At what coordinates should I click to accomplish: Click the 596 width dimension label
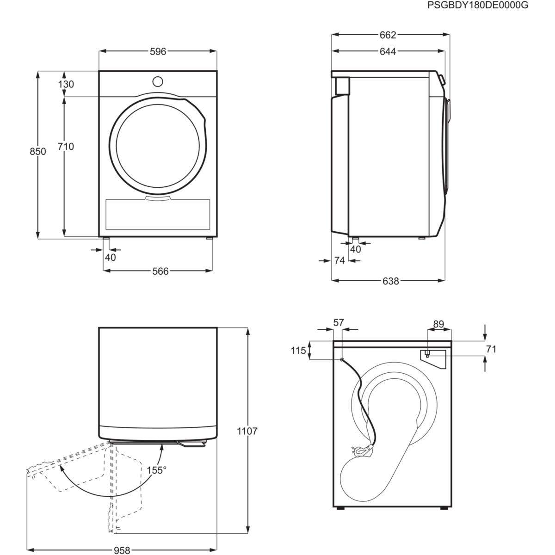point(158,52)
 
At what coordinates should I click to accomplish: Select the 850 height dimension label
point(38,151)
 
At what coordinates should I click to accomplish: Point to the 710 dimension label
point(65,147)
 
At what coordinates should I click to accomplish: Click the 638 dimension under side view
point(391,281)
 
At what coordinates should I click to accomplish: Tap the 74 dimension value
point(339,261)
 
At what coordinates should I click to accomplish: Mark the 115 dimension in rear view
point(298,351)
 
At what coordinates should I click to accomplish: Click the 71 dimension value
point(491,349)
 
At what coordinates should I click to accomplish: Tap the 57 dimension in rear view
point(339,322)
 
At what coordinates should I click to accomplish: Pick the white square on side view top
point(342,86)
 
